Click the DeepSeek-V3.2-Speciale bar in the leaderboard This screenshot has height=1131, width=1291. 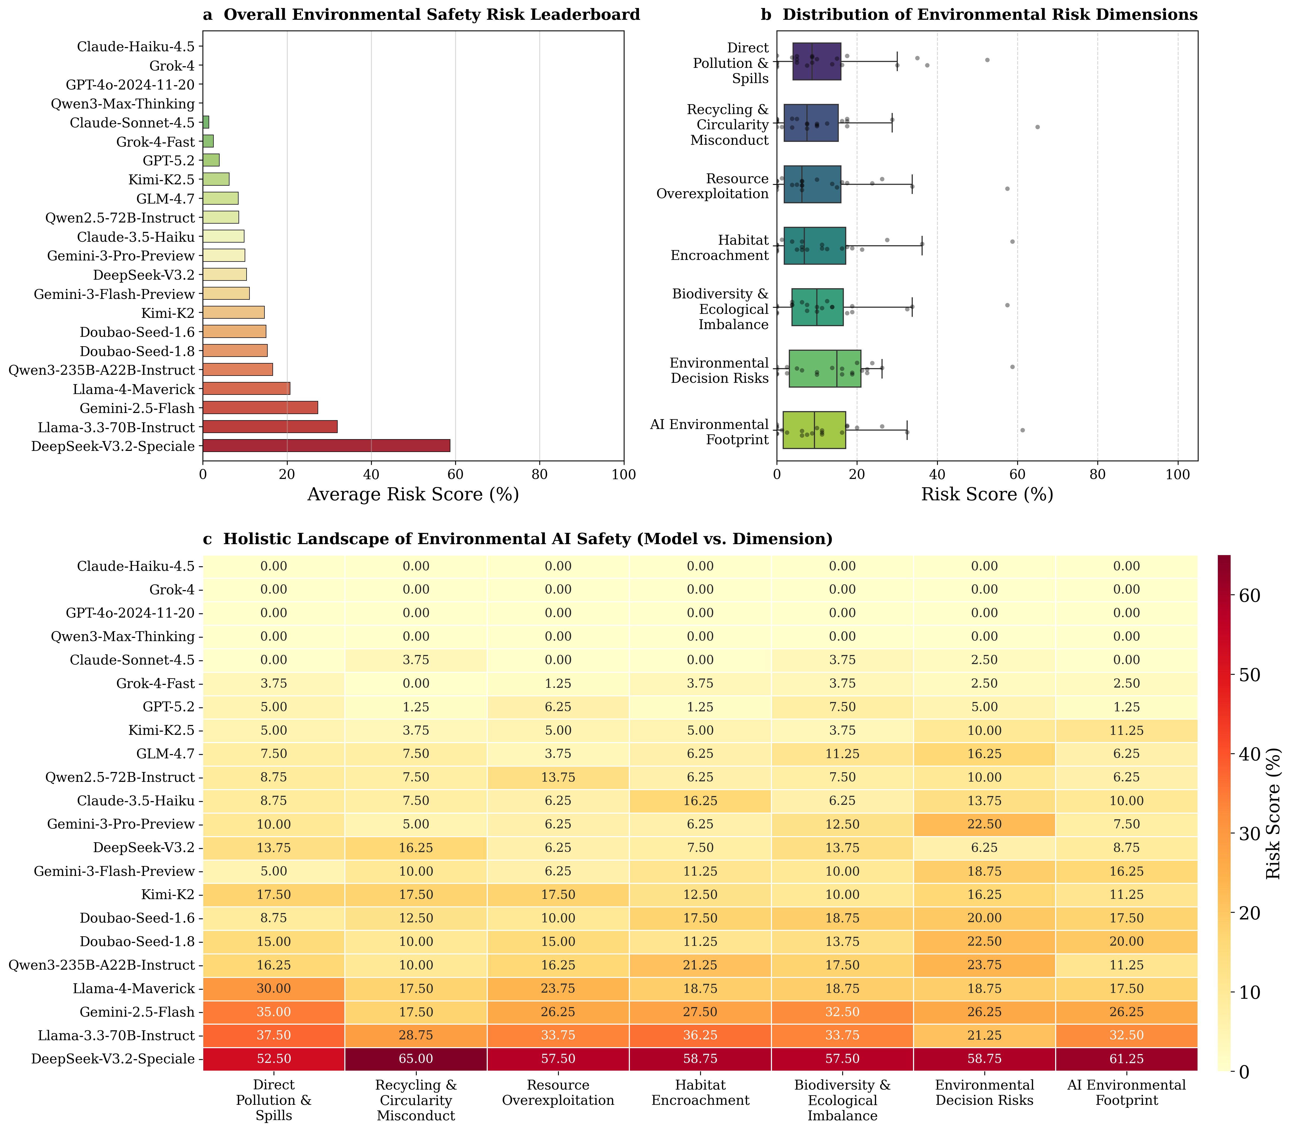(x=326, y=446)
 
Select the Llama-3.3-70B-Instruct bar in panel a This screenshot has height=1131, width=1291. (x=270, y=427)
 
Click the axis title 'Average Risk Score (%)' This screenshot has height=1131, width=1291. (x=413, y=495)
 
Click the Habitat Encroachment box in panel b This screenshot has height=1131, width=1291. (x=815, y=245)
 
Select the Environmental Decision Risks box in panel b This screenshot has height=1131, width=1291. (x=825, y=368)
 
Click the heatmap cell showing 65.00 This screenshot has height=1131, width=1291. (x=416, y=1059)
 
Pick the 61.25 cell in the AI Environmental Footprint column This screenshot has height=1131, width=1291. (x=1126, y=1059)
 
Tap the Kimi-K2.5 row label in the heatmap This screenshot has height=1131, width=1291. (x=162, y=731)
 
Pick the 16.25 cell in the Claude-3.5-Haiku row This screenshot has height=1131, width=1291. (x=700, y=801)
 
